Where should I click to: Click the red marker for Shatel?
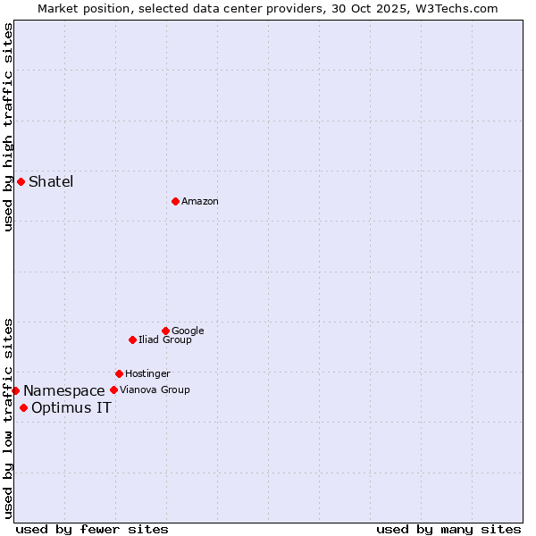point(21,182)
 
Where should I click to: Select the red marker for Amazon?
point(175,201)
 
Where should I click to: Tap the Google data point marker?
point(165,331)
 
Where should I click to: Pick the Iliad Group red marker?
point(132,339)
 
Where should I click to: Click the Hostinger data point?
point(119,373)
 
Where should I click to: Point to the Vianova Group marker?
point(113,389)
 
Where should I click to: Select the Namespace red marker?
point(15,390)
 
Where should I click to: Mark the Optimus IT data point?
point(23,408)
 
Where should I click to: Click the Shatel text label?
point(51,182)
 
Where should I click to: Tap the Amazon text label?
point(200,202)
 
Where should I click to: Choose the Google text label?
point(188,331)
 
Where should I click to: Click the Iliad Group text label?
point(165,340)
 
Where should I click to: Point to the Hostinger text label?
point(147,374)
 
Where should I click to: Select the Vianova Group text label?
point(155,390)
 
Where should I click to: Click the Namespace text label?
point(64,391)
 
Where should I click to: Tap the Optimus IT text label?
point(71,408)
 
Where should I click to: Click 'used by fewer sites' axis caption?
point(92,530)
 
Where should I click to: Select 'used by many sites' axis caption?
point(448,530)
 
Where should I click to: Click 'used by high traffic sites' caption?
point(8,127)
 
